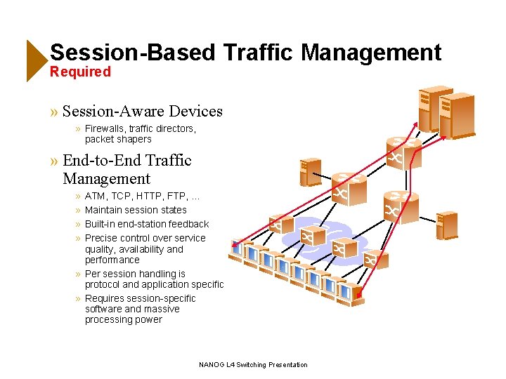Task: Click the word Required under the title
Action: pyautogui.click(x=80, y=72)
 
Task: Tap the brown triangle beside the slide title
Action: pyautogui.click(x=36, y=60)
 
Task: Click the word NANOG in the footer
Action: pyautogui.click(x=211, y=364)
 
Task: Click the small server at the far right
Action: pyautogui.click(x=445, y=225)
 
